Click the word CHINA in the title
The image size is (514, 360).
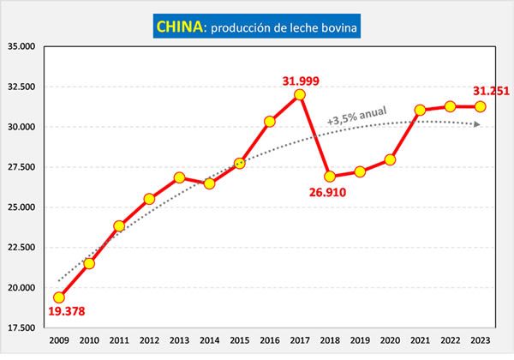point(178,28)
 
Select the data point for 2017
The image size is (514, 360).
point(300,94)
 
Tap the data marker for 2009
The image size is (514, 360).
point(59,297)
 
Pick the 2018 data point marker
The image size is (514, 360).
point(330,177)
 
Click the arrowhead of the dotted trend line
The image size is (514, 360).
point(477,124)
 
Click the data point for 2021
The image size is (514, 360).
point(420,110)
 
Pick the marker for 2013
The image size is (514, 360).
point(179,177)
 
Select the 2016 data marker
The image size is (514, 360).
point(270,122)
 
